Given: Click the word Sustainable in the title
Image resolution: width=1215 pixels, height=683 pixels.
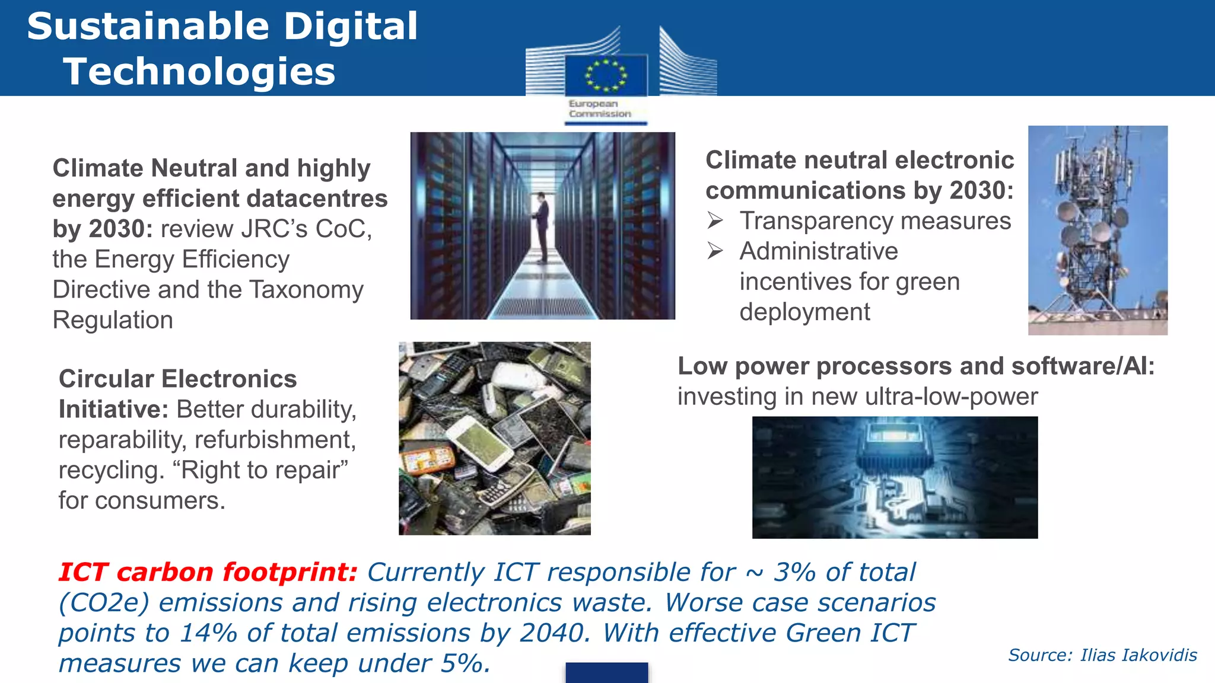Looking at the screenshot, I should (x=148, y=27).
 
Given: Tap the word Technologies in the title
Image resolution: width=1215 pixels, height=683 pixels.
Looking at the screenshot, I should (x=199, y=72).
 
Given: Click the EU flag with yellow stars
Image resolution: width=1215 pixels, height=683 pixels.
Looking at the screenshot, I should (x=605, y=75).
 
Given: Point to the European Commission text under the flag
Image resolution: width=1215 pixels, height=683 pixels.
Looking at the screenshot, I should (x=599, y=108).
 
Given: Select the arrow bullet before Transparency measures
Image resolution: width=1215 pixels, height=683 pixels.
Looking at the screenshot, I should (x=715, y=221).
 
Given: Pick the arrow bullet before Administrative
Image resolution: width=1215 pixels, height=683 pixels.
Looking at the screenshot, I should (x=715, y=251).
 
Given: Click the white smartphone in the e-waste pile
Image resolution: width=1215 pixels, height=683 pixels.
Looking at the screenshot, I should (x=480, y=442).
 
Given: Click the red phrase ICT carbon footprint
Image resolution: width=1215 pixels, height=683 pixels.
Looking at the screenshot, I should (x=208, y=572).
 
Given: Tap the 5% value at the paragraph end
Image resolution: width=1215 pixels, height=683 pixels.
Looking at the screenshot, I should (x=465, y=663).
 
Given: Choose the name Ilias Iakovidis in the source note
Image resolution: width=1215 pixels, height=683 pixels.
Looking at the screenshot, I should (x=1138, y=655).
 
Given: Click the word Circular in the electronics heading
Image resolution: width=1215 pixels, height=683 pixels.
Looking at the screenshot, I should (x=105, y=379).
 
